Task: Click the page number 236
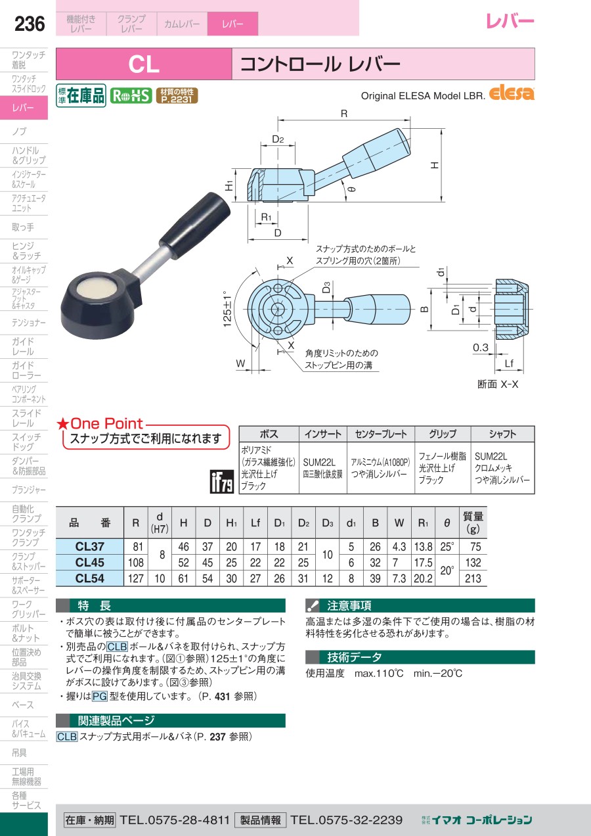click(x=30, y=24)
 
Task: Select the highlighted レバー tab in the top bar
click(x=232, y=24)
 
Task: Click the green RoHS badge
click(x=131, y=95)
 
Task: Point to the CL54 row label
click(x=89, y=578)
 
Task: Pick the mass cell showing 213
click(x=473, y=578)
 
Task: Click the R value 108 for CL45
click(x=136, y=563)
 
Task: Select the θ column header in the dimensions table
click(x=447, y=523)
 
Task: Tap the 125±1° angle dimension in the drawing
click(x=227, y=309)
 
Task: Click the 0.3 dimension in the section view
click(x=481, y=348)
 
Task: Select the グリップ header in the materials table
click(x=443, y=434)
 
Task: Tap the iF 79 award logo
click(x=222, y=482)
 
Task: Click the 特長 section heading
click(x=95, y=605)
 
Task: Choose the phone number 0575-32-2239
click(x=347, y=820)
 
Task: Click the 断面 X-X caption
click(x=498, y=384)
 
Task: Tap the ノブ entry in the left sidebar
click(x=19, y=131)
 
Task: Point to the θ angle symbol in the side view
click(x=351, y=189)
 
